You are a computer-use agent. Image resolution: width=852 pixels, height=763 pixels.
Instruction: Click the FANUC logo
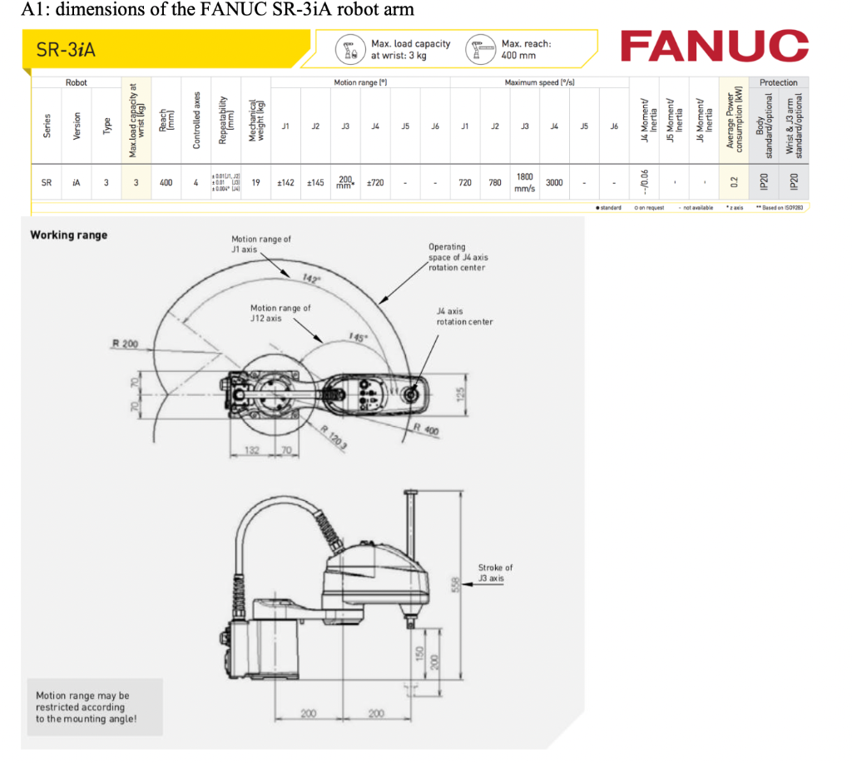click(714, 47)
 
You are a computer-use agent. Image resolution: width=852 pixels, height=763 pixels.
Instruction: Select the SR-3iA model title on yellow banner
click(67, 51)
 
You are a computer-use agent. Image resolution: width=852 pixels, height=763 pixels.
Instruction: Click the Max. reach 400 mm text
click(526, 49)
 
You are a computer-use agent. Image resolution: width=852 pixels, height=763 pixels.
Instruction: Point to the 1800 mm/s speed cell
click(525, 182)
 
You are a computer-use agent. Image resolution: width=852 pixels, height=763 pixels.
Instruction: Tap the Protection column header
click(778, 82)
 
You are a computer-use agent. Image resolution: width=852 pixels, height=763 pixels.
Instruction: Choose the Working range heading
click(69, 235)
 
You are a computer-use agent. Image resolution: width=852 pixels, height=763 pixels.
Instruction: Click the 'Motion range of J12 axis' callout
click(280, 313)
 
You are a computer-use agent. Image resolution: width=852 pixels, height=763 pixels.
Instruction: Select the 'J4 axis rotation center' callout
click(464, 316)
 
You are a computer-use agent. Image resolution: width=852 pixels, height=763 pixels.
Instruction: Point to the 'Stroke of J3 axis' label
click(495, 572)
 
